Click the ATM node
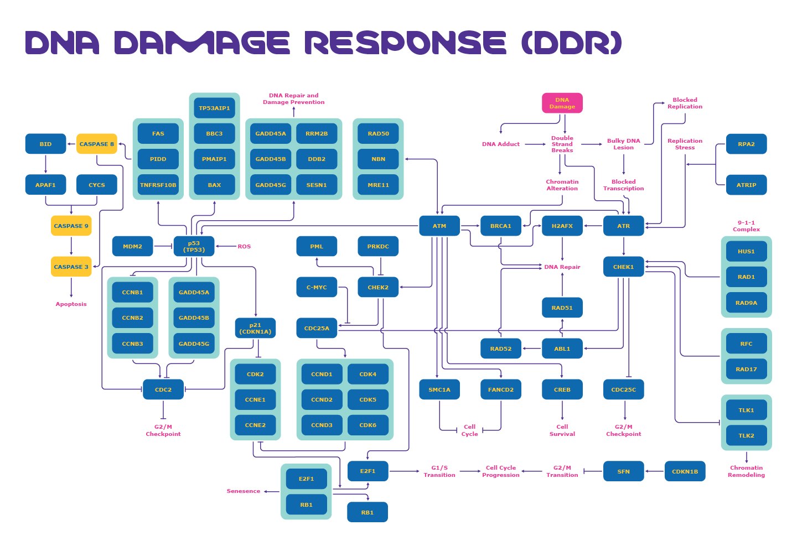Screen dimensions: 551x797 [439, 226]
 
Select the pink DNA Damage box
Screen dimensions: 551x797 [562, 103]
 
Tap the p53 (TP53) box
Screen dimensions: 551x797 [194, 246]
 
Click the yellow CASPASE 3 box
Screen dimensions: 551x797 [71, 267]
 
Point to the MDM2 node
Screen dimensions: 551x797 [132, 246]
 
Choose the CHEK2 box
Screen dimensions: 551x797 [378, 287]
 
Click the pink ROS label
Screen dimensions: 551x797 [244, 246]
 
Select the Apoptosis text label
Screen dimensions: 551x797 [71, 304]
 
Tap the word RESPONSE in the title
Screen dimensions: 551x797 [405, 43]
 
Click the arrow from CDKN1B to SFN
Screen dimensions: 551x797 [654, 471]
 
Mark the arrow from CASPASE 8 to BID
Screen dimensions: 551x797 [71, 144]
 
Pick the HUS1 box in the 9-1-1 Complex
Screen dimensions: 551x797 [746, 251]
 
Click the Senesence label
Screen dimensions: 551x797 [243, 491]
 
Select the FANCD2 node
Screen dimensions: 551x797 [500, 389]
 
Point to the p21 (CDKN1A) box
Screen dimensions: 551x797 [255, 328]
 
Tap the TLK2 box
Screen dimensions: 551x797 [746, 435]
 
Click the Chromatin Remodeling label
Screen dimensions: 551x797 [746, 471]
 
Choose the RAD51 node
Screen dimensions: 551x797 [562, 308]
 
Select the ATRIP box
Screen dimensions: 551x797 [746, 185]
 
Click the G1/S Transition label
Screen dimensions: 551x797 [439, 471]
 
